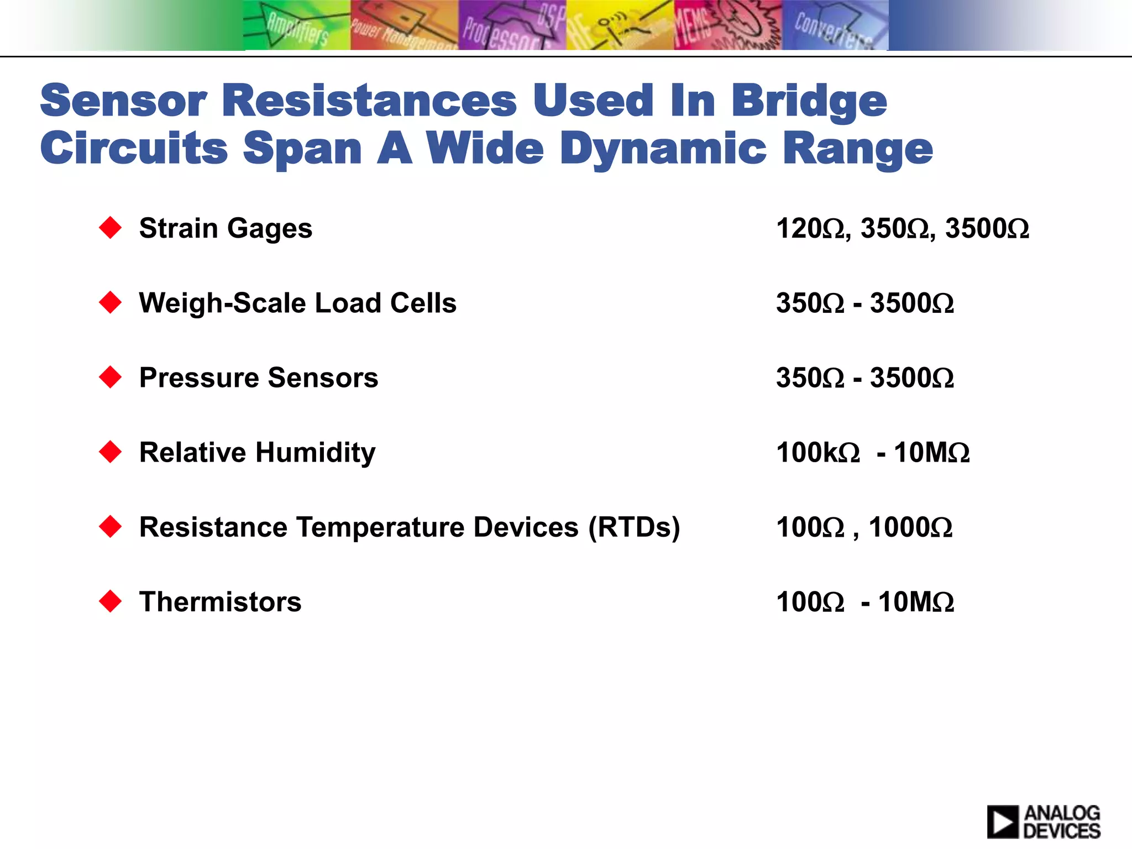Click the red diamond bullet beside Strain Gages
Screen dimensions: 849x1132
111,228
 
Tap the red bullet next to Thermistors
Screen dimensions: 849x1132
111,601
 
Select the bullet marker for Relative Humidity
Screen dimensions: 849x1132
111,452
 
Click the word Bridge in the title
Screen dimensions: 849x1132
809,102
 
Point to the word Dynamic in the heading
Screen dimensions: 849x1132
663,149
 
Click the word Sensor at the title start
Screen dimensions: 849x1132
123,101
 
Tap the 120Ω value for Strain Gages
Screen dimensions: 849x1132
810,228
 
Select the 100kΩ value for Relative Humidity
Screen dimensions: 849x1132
817,452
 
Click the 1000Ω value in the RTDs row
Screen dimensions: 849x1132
910,527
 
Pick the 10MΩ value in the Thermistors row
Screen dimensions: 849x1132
916,601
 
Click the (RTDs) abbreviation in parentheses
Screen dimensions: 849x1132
634,527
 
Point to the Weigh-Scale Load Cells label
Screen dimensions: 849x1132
297,303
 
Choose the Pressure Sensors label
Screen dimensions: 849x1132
259,378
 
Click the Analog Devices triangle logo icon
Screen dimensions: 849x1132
1002,821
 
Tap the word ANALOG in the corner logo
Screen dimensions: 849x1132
1062,813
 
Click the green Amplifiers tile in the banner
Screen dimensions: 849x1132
297,25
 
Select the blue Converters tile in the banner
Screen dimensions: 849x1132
835,25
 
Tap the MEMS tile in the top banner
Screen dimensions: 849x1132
727,25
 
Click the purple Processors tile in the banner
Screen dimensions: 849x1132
512,25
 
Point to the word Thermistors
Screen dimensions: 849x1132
220,601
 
